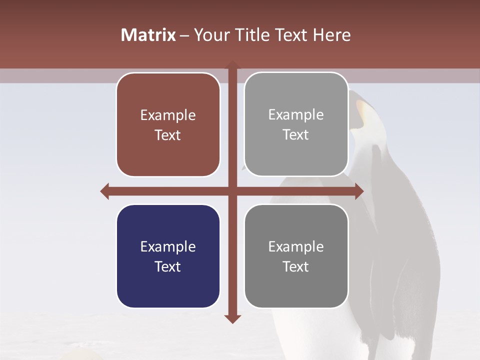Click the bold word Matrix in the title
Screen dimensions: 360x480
(148, 35)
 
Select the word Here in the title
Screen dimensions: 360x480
(331, 35)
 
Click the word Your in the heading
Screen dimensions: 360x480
(209, 35)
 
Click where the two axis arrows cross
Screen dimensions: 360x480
(232, 191)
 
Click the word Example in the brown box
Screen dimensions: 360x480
(168, 115)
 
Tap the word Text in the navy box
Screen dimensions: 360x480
(168, 266)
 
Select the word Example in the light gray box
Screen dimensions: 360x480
(296, 115)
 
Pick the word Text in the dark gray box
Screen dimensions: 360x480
(296, 266)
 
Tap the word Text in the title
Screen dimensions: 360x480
(291, 35)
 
